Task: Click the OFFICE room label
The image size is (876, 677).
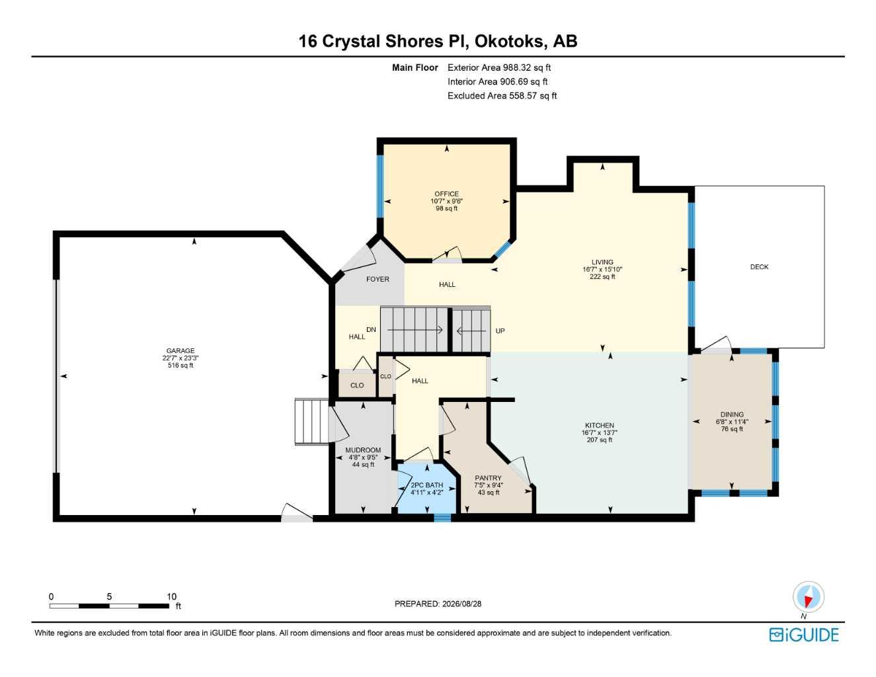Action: pos(446,194)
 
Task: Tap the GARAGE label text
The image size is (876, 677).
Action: pos(180,350)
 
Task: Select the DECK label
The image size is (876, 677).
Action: pos(759,267)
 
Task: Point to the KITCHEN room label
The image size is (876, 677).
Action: pos(600,425)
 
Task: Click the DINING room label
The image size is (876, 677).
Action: pos(732,415)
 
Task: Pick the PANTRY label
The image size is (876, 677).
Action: pos(488,477)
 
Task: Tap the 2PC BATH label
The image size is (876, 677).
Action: pos(426,485)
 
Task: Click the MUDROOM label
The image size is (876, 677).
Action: pos(363,450)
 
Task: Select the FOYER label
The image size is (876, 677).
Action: pos(378,279)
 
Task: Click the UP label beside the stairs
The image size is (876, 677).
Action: pos(500,331)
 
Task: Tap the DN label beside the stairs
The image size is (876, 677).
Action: pos(371,330)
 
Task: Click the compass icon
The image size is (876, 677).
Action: pos(808,597)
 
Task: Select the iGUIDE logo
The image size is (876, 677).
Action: pos(804,635)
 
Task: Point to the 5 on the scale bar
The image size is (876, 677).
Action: pos(109,596)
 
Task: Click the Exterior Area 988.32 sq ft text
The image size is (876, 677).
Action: pos(499,67)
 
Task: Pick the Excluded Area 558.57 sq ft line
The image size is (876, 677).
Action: pos(502,96)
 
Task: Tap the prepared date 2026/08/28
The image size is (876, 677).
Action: pos(461,604)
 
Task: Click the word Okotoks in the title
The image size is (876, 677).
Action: pos(509,42)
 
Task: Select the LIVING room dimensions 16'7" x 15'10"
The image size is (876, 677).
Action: pos(602,269)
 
